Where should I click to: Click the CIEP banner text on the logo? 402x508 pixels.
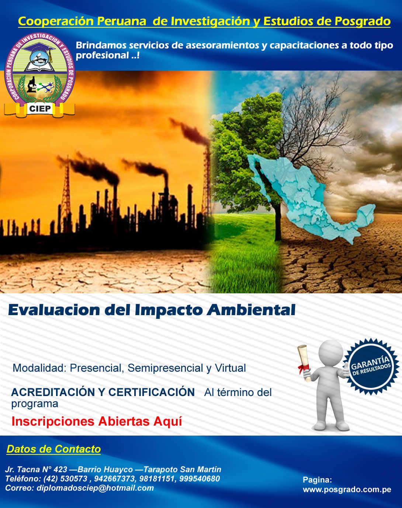point(40,109)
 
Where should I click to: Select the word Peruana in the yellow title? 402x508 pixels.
point(121,21)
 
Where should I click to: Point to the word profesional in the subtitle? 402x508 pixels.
point(102,55)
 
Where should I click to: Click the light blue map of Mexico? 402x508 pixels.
point(311,196)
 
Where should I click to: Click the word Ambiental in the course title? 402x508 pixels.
point(251,310)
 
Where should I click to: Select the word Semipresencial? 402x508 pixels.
point(165,368)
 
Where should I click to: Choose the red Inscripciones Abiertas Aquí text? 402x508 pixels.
point(97,421)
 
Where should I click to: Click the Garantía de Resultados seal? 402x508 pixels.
point(371,366)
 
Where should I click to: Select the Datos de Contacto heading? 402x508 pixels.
point(54,449)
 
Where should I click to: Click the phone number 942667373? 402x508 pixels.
point(115,478)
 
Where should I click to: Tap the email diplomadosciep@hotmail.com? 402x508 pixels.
point(95,488)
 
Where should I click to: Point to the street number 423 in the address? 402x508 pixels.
point(60,469)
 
